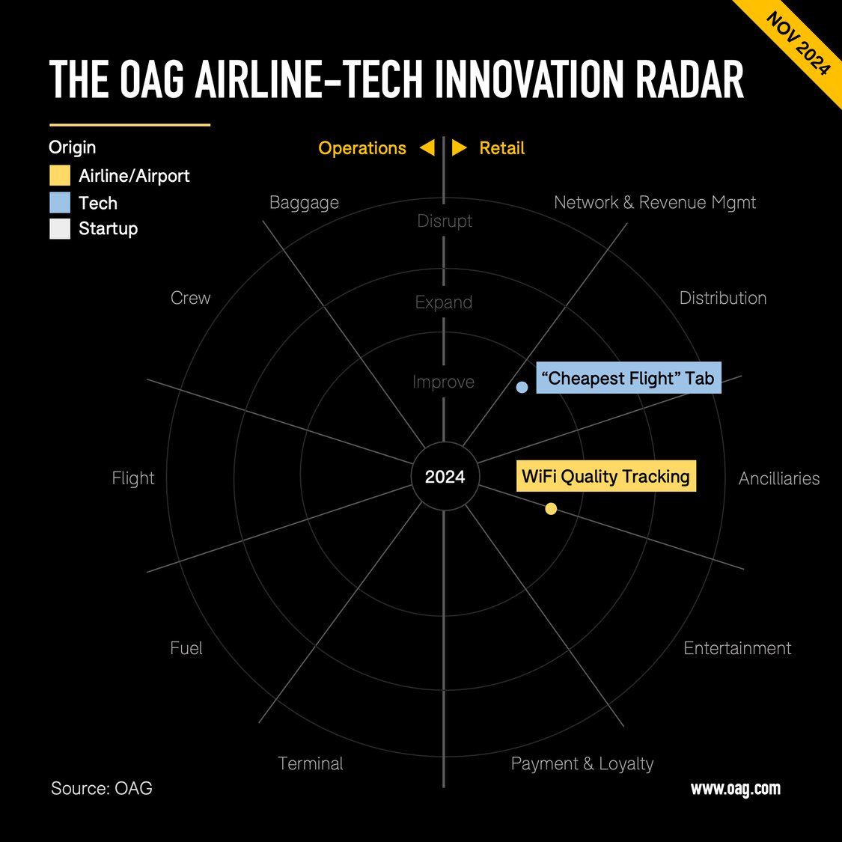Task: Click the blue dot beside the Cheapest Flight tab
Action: coord(522,387)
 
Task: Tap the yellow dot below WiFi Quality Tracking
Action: coord(551,509)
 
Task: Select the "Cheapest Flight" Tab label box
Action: coord(628,378)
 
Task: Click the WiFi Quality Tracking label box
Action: coord(605,476)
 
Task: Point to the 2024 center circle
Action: coord(445,477)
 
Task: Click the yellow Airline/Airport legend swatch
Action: coord(60,176)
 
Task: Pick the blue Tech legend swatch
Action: coord(60,203)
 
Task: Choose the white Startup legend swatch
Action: coord(60,228)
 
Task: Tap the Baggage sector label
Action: coord(304,203)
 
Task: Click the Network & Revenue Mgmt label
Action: coord(655,203)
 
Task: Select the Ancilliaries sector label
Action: coord(778,478)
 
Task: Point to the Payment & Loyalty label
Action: coord(582,763)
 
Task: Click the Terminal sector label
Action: coord(310,763)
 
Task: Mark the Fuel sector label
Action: coord(186,648)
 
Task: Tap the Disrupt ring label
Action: coord(445,221)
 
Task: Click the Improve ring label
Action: coord(443,382)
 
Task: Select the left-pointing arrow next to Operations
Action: coord(427,147)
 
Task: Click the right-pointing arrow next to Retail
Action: coord(460,147)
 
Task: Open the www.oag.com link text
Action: coord(735,788)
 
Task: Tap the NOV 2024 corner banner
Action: coord(798,43)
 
